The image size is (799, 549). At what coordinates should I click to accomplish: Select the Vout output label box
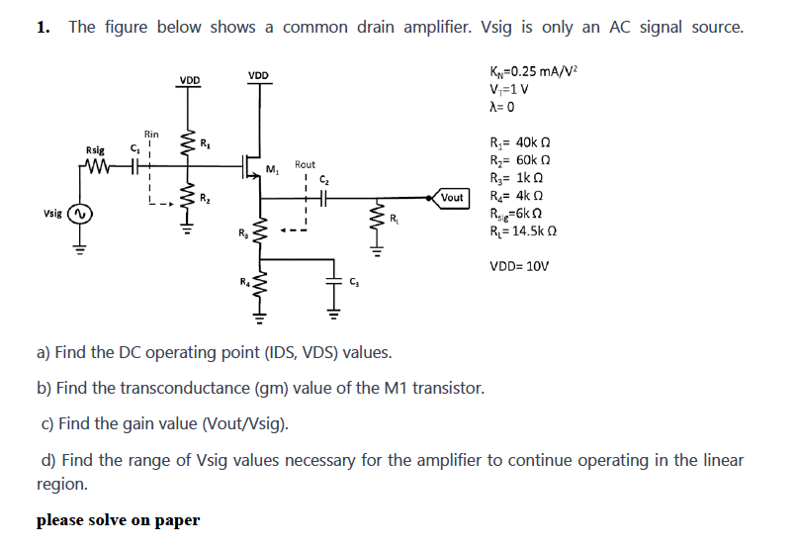point(451,198)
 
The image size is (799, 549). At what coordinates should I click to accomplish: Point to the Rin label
point(151,134)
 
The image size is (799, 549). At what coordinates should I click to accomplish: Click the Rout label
point(305,164)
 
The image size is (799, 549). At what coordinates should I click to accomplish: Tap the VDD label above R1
point(188,80)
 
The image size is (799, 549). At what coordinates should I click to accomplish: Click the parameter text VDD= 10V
point(519,266)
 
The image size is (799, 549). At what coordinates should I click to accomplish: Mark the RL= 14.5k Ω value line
point(528,233)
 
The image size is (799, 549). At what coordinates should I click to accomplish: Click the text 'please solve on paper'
point(118,520)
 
